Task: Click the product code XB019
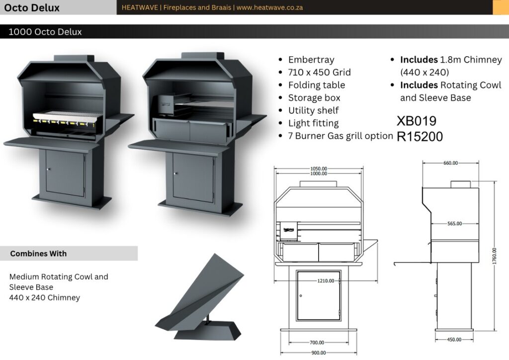pos(417,121)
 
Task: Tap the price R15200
pos(420,137)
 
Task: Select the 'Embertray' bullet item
pos(311,60)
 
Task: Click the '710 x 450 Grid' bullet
pos(319,73)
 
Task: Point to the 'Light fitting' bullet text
pos(313,123)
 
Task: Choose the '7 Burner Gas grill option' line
pos(340,136)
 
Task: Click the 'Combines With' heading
pos(38,254)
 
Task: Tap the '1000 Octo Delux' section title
pos(45,32)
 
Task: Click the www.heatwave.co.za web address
pos(269,7)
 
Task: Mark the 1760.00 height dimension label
pos(494,256)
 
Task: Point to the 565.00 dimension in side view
pos(454,224)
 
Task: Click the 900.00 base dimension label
pos(319,353)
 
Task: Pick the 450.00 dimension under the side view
pos(453,340)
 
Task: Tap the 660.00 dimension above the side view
pos(451,163)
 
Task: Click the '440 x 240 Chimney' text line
pos(45,298)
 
